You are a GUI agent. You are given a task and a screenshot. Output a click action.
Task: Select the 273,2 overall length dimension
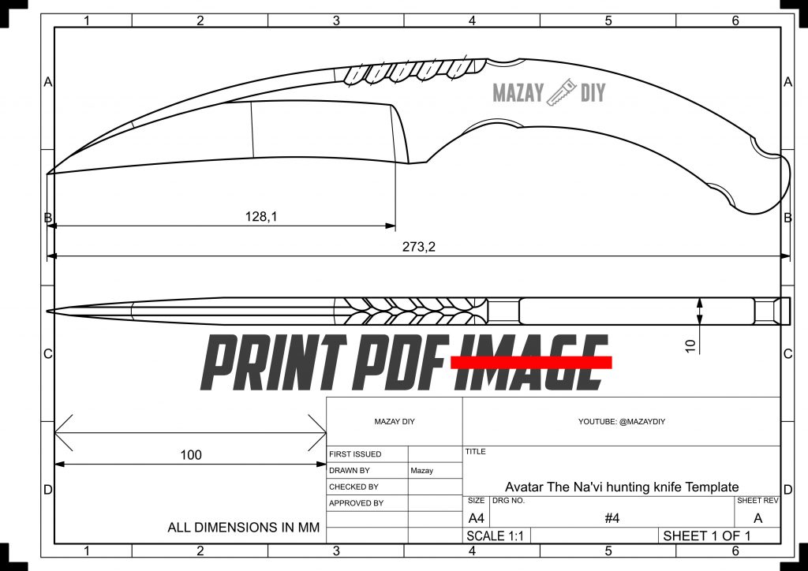pos(419,246)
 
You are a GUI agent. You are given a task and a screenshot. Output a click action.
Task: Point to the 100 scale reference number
pos(191,454)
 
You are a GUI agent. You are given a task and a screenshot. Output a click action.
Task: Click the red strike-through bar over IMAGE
pos(530,361)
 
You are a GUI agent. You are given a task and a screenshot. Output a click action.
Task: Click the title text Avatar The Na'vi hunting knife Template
pos(622,487)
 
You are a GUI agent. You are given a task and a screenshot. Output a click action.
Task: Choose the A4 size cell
pos(477,518)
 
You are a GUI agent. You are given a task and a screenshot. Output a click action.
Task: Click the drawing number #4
pos(612,518)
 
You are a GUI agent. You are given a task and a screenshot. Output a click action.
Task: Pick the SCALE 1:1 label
pos(496,536)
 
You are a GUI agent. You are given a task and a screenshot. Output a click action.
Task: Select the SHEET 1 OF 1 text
pos(706,536)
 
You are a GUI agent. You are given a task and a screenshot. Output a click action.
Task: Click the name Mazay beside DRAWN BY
pos(422,470)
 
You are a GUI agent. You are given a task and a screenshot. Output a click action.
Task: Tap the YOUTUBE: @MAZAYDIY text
pos(621,422)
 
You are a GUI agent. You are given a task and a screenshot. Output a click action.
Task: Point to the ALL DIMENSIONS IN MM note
pos(244,528)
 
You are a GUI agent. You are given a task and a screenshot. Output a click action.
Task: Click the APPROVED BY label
pos(356,503)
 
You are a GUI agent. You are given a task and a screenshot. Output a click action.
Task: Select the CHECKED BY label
pos(353,487)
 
